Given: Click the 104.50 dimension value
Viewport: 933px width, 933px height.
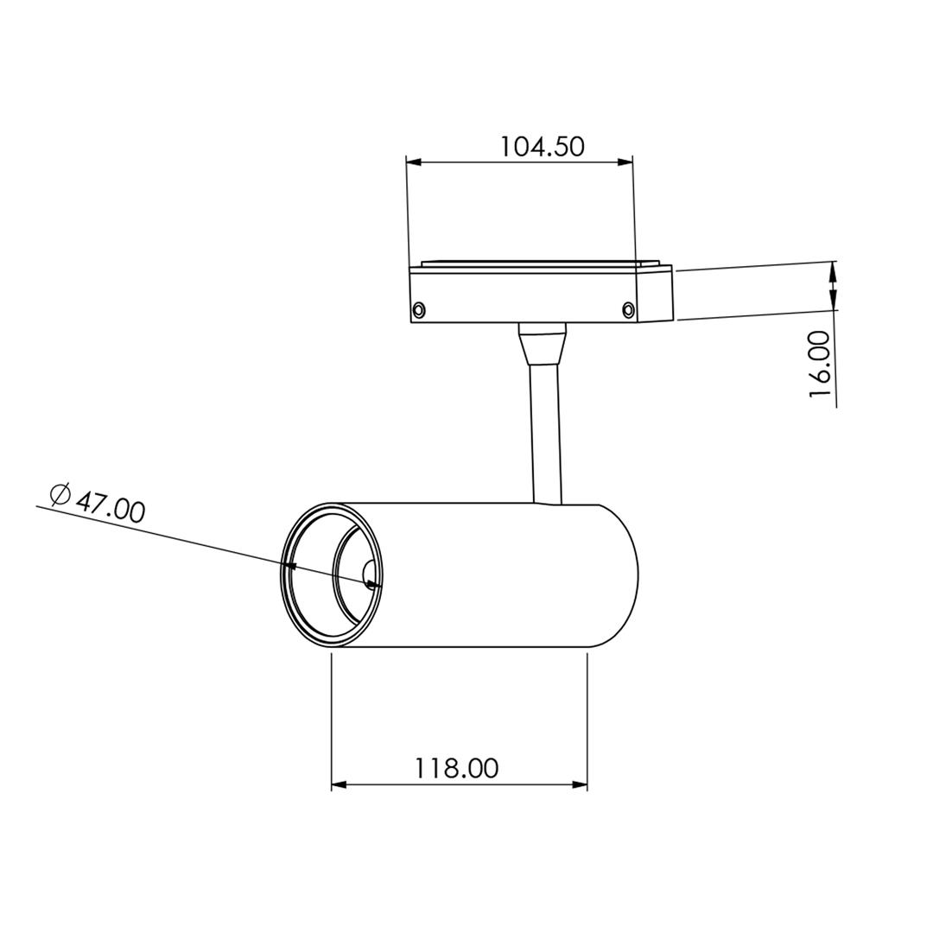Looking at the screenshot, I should point(542,146).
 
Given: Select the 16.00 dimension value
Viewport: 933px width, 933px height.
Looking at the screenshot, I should point(821,364).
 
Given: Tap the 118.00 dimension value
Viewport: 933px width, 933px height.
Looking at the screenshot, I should point(456,768).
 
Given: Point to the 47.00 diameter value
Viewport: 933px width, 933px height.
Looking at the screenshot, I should point(111,506).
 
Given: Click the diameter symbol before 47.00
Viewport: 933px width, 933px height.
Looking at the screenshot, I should point(60,494).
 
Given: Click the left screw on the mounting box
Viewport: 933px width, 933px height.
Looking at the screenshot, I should point(419,309).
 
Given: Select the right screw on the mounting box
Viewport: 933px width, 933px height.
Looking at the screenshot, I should point(628,309).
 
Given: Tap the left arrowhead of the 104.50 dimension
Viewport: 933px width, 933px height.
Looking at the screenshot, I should point(414,162).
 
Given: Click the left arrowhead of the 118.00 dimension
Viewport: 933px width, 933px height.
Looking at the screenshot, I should point(339,784).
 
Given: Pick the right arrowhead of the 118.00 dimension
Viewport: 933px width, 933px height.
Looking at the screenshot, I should point(580,784).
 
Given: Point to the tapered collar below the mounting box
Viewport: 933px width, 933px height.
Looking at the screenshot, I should point(543,346).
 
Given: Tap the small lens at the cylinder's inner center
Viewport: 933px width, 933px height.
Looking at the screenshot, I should point(371,574).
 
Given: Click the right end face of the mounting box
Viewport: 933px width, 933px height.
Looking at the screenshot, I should point(654,294).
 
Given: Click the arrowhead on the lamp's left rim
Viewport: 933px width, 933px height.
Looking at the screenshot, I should point(290,567).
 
